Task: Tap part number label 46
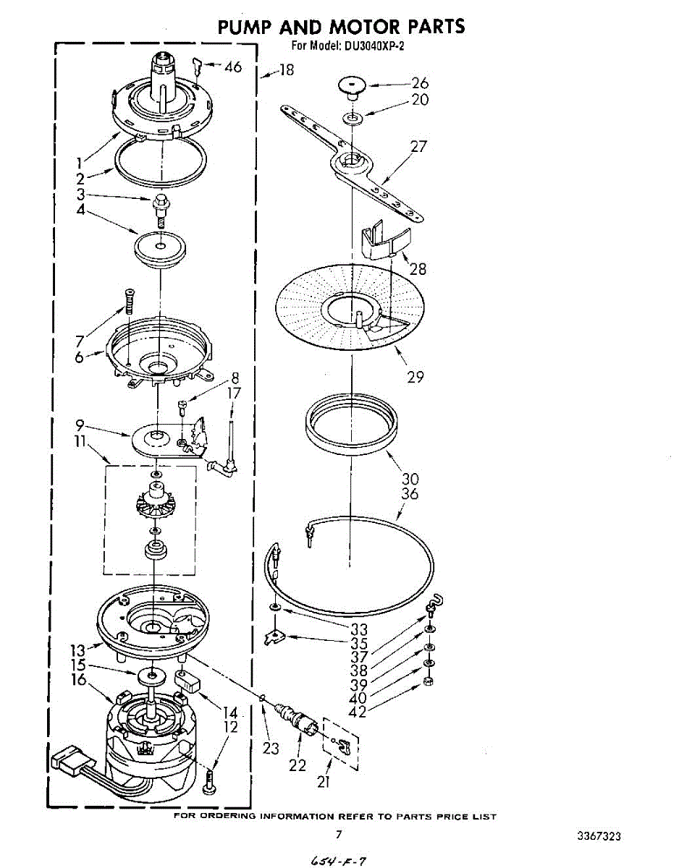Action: coord(232,67)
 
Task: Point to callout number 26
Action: coord(420,84)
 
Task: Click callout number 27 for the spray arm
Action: coord(418,147)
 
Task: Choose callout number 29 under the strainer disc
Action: coord(416,376)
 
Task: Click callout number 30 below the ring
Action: coord(410,478)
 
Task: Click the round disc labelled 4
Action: coord(159,248)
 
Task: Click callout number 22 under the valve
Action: coord(298,765)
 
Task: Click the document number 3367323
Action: coord(599,836)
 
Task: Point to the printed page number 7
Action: coord(338,834)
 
